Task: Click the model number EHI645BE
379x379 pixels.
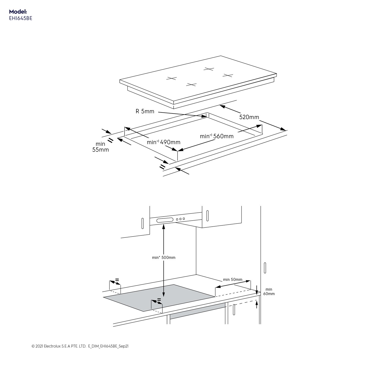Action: tap(20, 18)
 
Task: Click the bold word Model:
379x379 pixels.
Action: tap(18, 12)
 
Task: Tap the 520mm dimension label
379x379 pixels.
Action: tap(249, 117)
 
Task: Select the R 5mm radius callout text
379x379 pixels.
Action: tap(145, 111)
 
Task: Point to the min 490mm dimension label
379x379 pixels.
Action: tap(163, 142)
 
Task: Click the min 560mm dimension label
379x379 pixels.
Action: tap(217, 136)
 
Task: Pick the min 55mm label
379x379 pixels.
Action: tap(101, 147)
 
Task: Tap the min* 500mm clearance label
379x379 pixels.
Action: tap(163, 257)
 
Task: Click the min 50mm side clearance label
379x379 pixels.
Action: tap(232, 280)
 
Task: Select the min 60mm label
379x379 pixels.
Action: tap(269, 292)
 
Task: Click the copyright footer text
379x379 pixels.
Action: tap(80, 346)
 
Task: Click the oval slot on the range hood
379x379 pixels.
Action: tap(165, 220)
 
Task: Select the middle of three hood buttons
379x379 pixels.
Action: tap(180, 219)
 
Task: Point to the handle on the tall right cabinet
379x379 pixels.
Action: tap(265, 268)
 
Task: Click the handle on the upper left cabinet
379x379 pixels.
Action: tap(143, 223)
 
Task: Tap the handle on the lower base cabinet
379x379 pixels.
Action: tap(234, 310)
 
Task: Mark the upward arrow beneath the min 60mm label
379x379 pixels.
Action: tap(257, 304)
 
